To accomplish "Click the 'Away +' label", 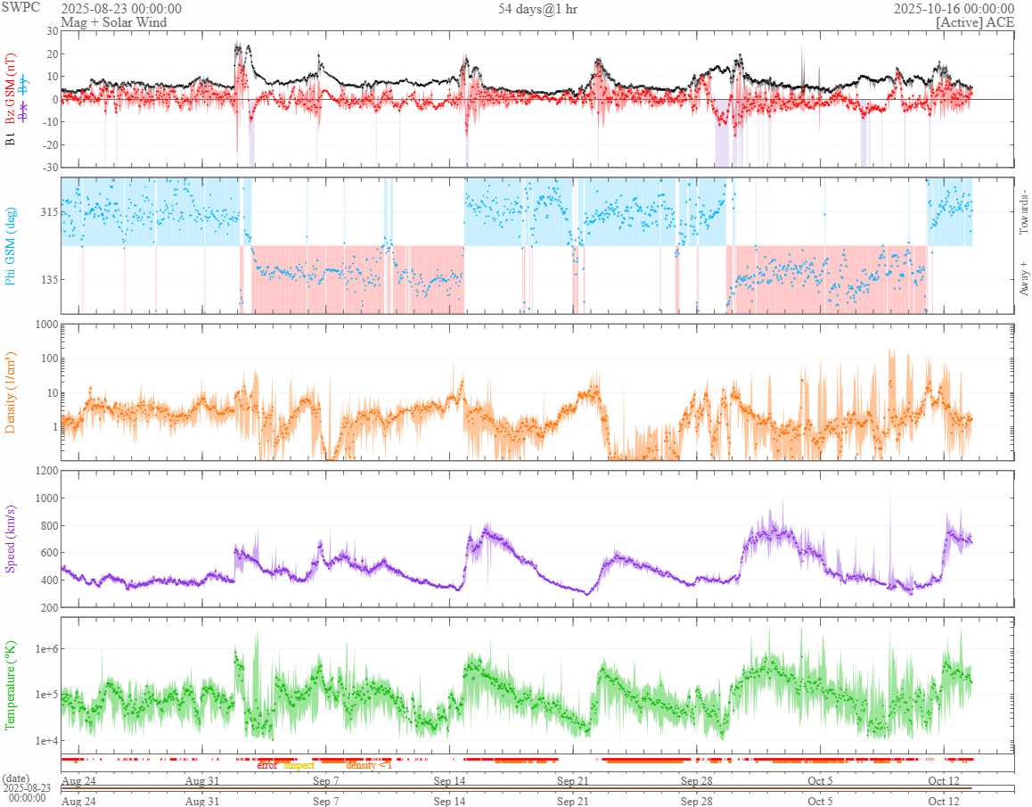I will pos(1025,277).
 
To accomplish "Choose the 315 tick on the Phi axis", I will pos(47,212).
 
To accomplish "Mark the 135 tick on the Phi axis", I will pos(47,279).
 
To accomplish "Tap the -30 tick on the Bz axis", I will pos(48,167).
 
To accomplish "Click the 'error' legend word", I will pos(267,766).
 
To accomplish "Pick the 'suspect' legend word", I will pos(299,766).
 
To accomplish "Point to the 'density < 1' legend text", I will pos(369,766).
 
